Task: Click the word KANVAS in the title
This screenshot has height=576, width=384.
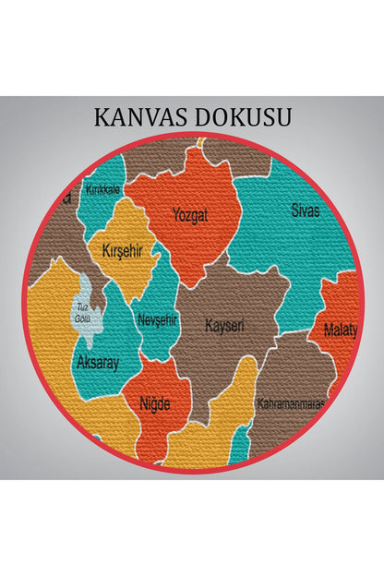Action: point(138,117)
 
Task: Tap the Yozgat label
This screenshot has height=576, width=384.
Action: point(190,216)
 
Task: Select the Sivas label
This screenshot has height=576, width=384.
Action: point(306,210)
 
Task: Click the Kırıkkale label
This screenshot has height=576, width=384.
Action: point(103,188)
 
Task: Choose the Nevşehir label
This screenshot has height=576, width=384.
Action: point(157,319)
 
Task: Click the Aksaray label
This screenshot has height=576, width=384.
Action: point(98,363)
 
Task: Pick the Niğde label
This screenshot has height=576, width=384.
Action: point(154,402)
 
